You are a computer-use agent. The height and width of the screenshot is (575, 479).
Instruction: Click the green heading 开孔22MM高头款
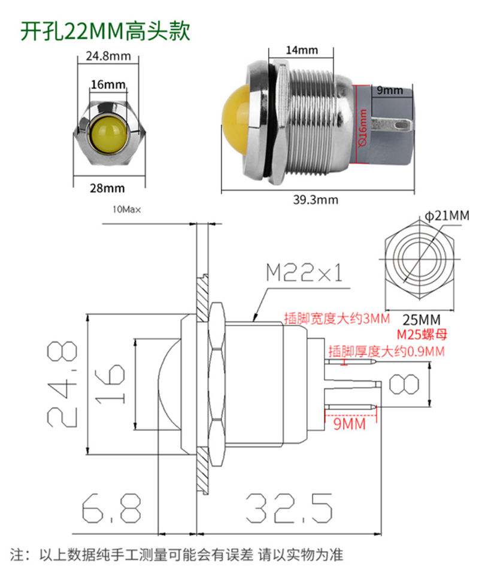(x=105, y=31)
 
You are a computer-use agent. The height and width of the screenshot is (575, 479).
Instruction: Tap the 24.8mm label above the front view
(x=108, y=56)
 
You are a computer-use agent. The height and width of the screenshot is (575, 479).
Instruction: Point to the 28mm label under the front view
(x=107, y=188)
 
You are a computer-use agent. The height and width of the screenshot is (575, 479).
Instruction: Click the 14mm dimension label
(x=302, y=50)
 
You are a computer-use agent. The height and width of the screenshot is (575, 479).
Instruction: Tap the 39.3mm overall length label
(x=316, y=200)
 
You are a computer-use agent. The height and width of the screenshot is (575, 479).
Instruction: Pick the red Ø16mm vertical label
(x=362, y=127)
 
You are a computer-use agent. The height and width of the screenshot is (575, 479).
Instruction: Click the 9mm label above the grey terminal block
(x=390, y=90)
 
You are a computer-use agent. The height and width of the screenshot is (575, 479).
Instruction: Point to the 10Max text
(x=126, y=210)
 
